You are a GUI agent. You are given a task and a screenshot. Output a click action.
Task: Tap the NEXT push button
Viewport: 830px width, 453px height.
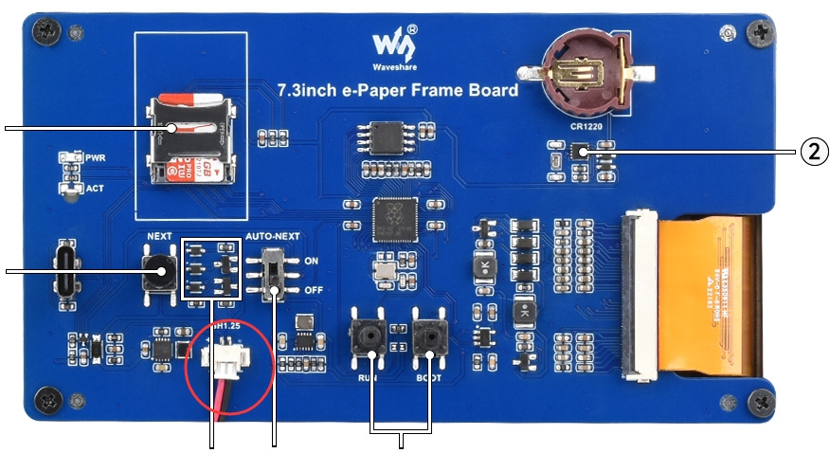[x=158, y=272]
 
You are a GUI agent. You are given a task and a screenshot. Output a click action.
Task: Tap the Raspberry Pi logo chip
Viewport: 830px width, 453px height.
[x=390, y=221]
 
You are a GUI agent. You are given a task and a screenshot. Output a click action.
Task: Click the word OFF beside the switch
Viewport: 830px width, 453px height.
[x=315, y=289]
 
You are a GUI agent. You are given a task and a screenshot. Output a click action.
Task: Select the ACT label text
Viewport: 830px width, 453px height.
[x=95, y=189]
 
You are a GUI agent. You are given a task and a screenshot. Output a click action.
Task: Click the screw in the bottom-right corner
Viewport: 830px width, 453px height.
[x=761, y=404]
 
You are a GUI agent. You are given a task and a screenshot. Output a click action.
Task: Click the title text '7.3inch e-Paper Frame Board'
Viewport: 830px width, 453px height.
[x=397, y=91]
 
